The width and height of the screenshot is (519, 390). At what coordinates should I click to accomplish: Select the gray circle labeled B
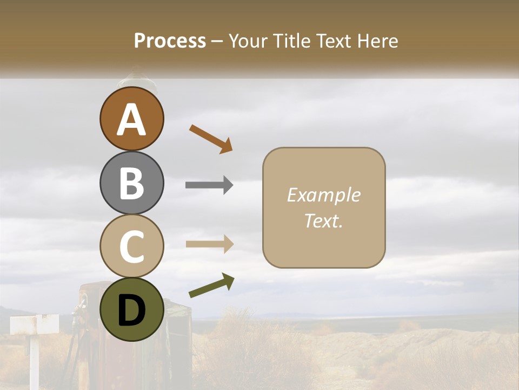132,183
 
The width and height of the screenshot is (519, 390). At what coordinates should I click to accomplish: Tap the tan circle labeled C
132,246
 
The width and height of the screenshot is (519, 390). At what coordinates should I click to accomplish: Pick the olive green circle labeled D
132,309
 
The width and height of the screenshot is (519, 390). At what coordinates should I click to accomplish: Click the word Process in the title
170,41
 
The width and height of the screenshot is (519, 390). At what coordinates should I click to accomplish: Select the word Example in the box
324,195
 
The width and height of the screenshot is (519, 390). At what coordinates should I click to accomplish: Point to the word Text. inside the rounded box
324,220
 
